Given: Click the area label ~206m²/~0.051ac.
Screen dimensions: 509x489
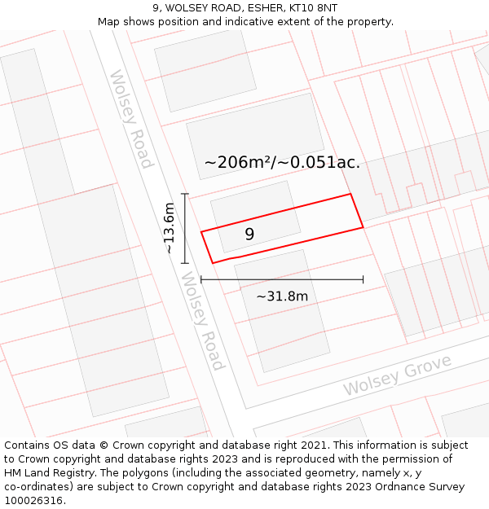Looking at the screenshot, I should pyautogui.click(x=282, y=162).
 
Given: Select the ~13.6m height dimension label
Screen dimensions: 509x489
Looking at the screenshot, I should pyautogui.click(x=169, y=228).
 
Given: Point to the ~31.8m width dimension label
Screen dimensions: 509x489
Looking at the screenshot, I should pyautogui.click(x=282, y=296).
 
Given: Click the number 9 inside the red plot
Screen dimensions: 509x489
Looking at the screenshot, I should pyautogui.click(x=249, y=235).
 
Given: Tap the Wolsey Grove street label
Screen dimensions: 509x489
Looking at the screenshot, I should pyautogui.click(x=397, y=375).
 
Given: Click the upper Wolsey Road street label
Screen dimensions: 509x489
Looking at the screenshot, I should pyautogui.click(x=130, y=119).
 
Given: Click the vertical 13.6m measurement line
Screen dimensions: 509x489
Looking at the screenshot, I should pyautogui.click(x=185, y=228).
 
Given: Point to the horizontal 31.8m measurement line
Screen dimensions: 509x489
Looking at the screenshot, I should pyautogui.click(x=282, y=280).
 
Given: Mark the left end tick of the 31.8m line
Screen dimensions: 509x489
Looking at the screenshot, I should pyautogui.click(x=201, y=280).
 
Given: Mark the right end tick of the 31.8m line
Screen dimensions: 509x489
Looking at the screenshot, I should pyautogui.click(x=363, y=280).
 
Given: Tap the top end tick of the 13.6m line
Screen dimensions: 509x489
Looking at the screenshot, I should pyautogui.click(x=185, y=194).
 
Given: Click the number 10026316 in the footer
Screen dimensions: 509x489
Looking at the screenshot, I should pyautogui.click(x=33, y=501).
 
